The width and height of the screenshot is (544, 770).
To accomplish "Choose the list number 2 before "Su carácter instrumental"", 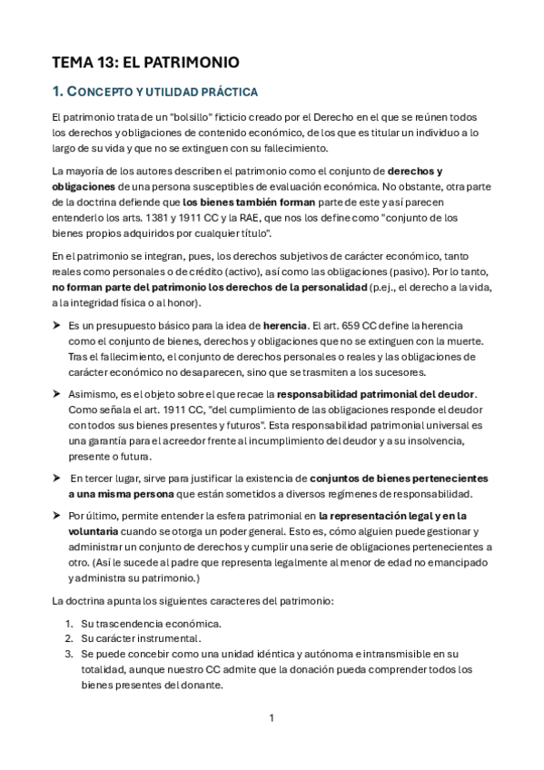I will pyautogui.click(x=69, y=637).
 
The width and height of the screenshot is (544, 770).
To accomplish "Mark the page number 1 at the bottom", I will pyautogui.click(x=272, y=717).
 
